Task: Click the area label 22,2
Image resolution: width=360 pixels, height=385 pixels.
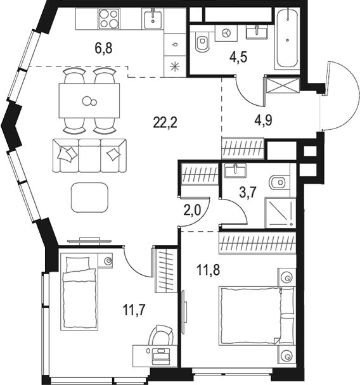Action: [x=165, y=123]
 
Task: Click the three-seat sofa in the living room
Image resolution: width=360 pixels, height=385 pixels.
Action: [x=88, y=155]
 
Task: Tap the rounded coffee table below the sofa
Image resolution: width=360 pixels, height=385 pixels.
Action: [x=89, y=197]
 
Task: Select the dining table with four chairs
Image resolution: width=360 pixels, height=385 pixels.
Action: [x=89, y=101]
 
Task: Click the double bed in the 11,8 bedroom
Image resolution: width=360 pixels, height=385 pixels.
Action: [x=257, y=317]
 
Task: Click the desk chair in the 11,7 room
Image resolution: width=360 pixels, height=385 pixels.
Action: [x=162, y=334]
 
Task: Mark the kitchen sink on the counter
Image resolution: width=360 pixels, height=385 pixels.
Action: [x=153, y=19]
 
